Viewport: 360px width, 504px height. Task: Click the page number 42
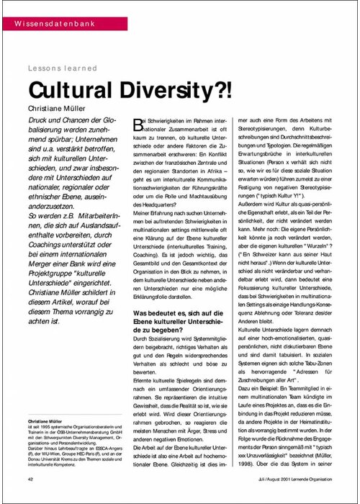[31, 478]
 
